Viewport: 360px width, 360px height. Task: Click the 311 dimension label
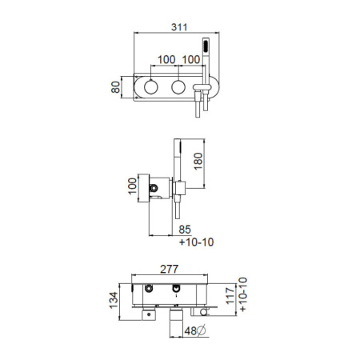(179, 27)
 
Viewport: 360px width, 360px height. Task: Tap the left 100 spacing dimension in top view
(166, 60)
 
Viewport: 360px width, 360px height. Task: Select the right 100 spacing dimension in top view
(191, 60)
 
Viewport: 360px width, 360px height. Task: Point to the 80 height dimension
(115, 87)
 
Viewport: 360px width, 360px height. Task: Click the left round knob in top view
(151, 87)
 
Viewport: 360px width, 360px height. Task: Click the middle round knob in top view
(178, 87)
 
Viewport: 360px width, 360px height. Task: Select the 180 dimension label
(198, 162)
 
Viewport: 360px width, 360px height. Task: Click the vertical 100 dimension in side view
(132, 186)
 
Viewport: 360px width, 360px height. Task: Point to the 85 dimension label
(185, 230)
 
